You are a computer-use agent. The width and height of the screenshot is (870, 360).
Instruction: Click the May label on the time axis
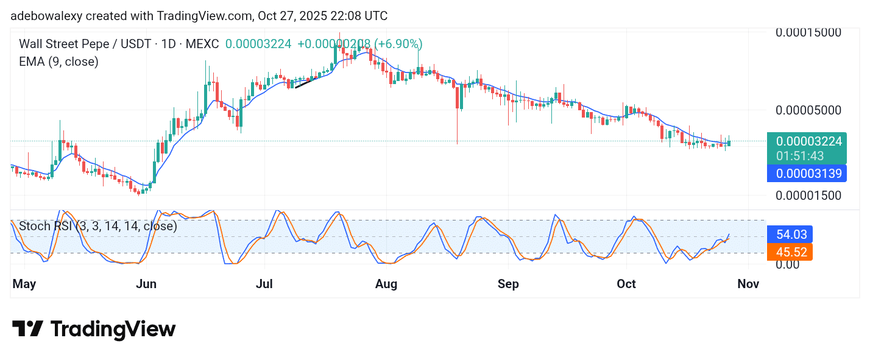(25, 284)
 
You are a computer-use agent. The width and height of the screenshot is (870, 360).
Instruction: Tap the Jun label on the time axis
(146, 284)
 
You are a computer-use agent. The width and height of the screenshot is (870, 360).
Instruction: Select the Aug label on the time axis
(386, 284)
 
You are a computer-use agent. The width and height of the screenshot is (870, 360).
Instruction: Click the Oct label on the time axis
(626, 284)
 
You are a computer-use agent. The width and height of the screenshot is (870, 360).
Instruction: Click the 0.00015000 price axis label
(808, 32)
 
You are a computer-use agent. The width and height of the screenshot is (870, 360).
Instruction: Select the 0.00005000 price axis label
(808, 110)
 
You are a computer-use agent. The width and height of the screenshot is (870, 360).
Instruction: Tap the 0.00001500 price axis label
(808, 196)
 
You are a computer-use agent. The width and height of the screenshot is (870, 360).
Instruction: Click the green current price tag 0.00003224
(808, 141)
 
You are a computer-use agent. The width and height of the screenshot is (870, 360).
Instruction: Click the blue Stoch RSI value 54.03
(790, 235)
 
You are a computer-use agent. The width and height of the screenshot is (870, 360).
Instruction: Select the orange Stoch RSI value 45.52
(790, 252)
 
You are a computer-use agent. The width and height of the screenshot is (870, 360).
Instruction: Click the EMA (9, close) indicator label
(58, 62)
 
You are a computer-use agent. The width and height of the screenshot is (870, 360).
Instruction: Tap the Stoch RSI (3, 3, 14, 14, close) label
(98, 226)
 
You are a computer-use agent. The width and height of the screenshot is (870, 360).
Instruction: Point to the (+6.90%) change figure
(398, 44)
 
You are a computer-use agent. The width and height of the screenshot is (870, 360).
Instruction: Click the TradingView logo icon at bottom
(27, 329)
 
